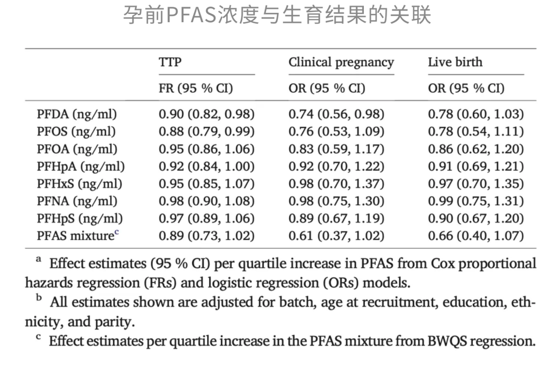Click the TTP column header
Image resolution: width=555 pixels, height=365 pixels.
pyautogui.click(x=170, y=62)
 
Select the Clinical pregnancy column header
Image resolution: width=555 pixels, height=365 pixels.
pyautogui.click(x=341, y=63)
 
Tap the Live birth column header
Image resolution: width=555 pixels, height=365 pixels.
pyautogui.click(x=455, y=62)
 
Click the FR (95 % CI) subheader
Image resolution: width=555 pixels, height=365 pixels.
pyautogui.click(x=196, y=88)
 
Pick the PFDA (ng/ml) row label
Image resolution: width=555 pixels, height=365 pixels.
pyautogui.click(x=77, y=114)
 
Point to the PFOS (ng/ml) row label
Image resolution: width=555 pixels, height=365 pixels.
pyautogui.click(x=77, y=132)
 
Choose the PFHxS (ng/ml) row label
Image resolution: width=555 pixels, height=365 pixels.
pyautogui.click(x=79, y=184)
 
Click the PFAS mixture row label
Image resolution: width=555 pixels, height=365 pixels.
pyautogui.click(x=78, y=236)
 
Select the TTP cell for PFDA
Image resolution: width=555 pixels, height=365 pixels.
pyautogui.click(x=207, y=114)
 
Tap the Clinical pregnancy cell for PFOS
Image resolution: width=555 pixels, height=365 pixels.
pyautogui.click(x=336, y=132)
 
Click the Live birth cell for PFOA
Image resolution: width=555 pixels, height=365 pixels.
pyautogui.click(x=476, y=149)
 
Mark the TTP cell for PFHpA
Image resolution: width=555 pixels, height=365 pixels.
pyautogui.click(x=207, y=167)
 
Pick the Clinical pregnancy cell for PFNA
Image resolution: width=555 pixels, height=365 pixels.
pyautogui.click(x=336, y=201)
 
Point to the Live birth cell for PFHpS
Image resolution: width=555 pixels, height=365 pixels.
pyautogui.click(x=476, y=218)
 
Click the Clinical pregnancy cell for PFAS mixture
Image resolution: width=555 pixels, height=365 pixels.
pyautogui.click(x=336, y=236)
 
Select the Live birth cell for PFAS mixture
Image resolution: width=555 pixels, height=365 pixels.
pyautogui.click(x=476, y=236)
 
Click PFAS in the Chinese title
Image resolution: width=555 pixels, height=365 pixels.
pyautogui.click(x=191, y=16)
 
